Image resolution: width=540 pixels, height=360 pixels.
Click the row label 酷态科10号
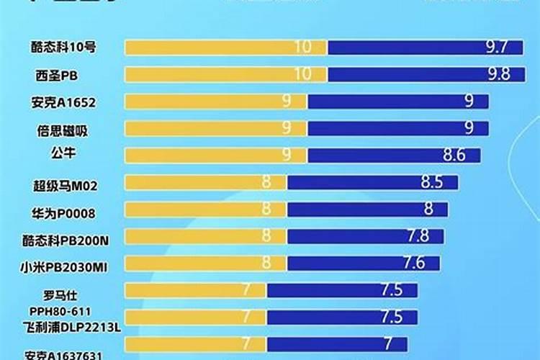[64, 48]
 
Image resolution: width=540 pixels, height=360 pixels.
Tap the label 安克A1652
[63, 102]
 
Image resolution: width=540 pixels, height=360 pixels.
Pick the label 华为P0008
[63, 212]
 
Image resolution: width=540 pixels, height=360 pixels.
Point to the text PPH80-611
[60, 311]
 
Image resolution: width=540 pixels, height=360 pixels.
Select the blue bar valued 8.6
[395, 156]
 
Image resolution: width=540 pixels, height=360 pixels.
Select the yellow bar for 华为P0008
[206, 210]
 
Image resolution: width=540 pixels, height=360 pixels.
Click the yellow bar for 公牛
[216, 156]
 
